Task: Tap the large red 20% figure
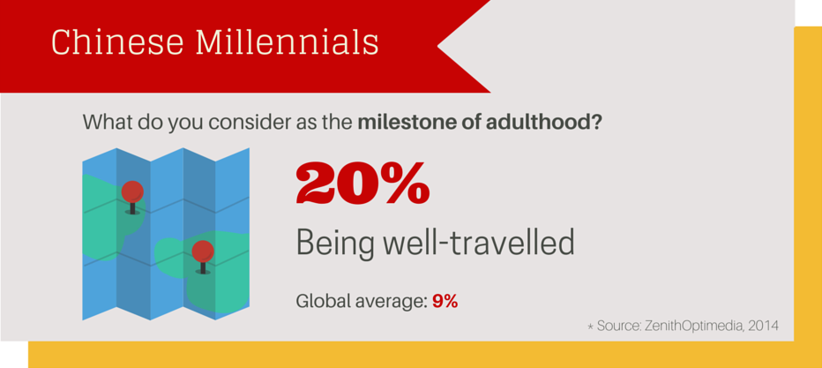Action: (362, 184)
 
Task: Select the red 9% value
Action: (445, 301)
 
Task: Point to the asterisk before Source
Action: (590, 327)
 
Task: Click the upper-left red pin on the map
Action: (132, 192)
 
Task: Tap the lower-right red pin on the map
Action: (203, 252)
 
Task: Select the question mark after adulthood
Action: (597, 122)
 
